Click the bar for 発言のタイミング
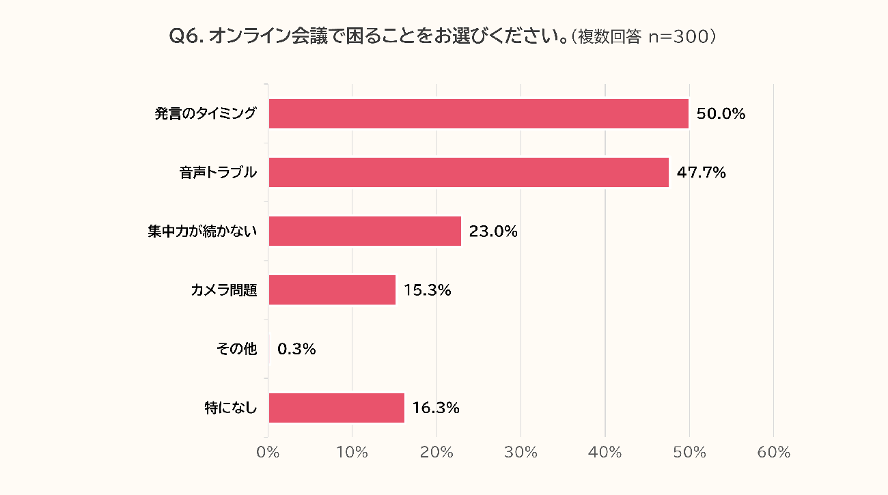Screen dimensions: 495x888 pos(478,113)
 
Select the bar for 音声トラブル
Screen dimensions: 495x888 pos(469,172)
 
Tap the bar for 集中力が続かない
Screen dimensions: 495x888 pos(365,231)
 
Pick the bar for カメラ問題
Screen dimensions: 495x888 pos(332,289)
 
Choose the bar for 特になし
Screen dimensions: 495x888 pos(336,408)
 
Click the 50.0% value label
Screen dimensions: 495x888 pos(721,114)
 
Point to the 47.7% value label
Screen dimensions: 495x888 pos(701,173)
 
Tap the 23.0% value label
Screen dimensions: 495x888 pos(493,231)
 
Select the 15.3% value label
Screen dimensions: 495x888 pos(428,290)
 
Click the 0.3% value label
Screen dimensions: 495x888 pos(296,349)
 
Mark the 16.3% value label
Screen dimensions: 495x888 pos(436,408)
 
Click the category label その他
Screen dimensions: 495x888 pos(236,349)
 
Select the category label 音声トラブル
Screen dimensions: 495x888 pos(218,173)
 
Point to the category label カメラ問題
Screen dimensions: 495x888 pos(224,290)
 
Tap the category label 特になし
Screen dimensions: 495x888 pos(231,408)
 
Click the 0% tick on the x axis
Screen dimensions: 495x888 pos(268,453)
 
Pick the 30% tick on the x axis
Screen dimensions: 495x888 pos(521,453)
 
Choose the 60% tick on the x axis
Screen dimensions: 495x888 pos(774,453)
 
